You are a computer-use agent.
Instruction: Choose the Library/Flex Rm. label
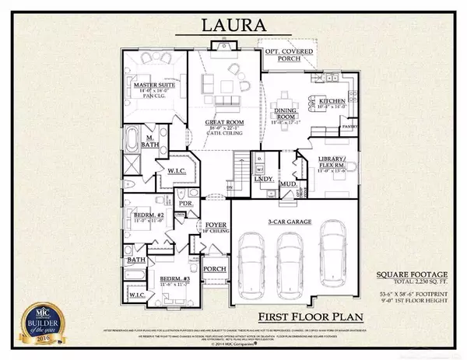point(336,163)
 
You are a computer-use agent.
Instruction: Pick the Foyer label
point(214,228)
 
